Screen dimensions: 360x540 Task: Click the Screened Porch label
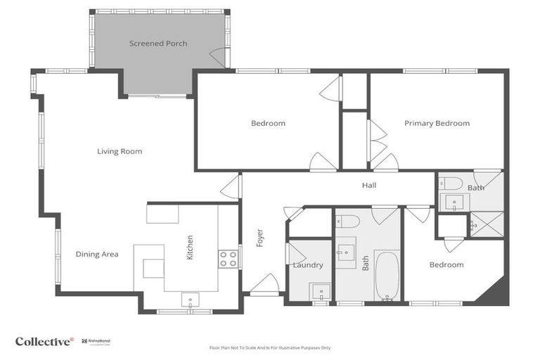158,44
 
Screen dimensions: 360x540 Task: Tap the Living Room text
120,151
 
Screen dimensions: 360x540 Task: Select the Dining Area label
97,255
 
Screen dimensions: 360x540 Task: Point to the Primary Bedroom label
437,123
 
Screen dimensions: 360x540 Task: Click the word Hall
369,186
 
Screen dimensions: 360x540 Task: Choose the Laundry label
308,265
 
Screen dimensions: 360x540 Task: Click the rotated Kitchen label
190,247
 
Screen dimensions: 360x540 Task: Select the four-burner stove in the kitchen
228,259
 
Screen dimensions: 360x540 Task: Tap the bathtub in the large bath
387,276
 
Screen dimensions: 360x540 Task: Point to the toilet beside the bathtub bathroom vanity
347,221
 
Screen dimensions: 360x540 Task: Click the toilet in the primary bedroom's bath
452,184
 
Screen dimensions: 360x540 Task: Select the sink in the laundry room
320,291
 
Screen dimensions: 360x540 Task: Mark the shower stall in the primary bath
487,224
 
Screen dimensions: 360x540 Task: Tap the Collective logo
44,341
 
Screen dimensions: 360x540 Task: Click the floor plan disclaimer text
270,347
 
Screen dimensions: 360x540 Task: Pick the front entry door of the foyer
264,284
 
